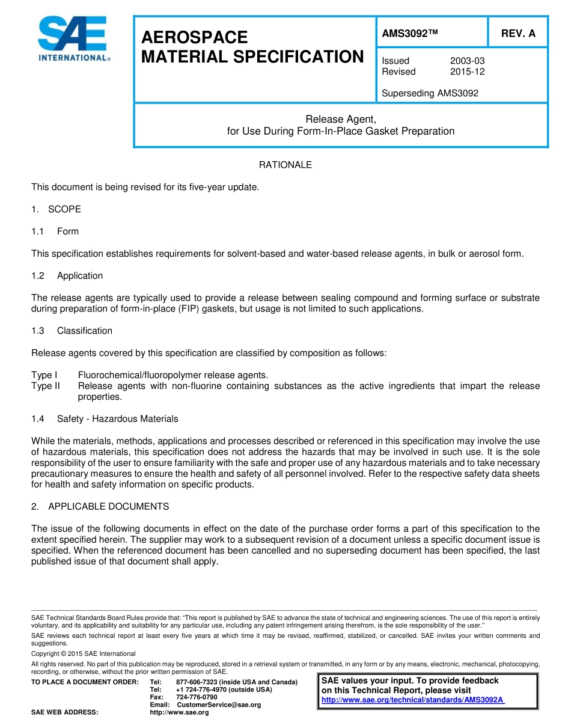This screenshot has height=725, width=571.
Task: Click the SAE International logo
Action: (73, 39)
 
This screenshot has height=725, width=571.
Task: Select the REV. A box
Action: (518, 34)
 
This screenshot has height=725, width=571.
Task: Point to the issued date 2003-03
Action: (467, 61)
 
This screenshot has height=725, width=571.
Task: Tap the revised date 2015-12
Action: (467, 72)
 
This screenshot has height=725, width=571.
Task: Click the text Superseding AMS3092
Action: (430, 93)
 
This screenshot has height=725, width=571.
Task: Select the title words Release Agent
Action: (340, 119)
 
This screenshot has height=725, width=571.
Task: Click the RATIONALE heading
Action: (285, 165)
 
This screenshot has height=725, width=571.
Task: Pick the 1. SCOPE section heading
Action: (56, 209)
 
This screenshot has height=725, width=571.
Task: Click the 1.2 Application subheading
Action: (67, 275)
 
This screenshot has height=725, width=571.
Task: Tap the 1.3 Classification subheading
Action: (72, 331)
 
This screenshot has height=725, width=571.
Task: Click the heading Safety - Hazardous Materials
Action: (117, 418)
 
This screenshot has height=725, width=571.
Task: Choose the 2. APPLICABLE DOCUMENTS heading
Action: (100, 506)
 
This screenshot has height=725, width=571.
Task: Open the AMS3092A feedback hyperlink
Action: (413, 700)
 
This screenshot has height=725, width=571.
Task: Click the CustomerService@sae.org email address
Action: (219, 705)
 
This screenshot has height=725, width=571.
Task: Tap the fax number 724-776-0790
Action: (197, 697)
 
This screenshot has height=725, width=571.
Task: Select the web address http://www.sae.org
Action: (179, 712)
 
